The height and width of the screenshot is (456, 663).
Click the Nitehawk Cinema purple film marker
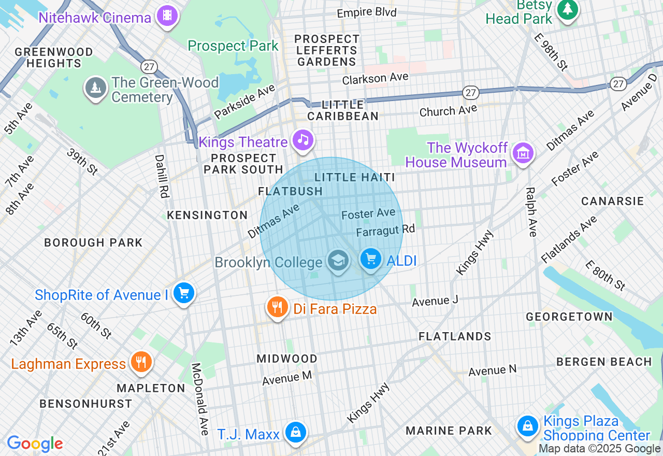tap(167, 16)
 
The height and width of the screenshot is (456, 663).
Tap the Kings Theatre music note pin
tap(303, 139)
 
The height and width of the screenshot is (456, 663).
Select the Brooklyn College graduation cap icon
tap(338, 260)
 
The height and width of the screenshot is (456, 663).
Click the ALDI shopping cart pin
tap(370, 259)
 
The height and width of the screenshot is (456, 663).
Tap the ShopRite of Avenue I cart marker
tap(184, 293)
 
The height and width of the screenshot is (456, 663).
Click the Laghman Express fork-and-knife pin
tap(140, 361)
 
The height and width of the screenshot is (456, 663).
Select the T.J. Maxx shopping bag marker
tap(295, 432)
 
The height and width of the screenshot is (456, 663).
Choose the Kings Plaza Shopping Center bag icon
tap(527, 426)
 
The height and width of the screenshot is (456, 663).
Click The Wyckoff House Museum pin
tap(523, 153)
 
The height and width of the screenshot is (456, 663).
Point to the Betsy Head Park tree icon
tap(567, 9)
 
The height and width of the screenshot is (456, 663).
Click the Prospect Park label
tap(233, 46)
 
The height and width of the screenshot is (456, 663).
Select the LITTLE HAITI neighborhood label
tap(355, 177)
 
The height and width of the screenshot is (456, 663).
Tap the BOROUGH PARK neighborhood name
tap(93, 243)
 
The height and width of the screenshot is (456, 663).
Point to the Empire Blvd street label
tap(367, 12)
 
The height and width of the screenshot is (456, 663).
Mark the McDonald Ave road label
tap(200, 398)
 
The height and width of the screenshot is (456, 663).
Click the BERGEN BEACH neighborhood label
tap(604, 362)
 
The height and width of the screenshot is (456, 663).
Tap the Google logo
tap(35, 444)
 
